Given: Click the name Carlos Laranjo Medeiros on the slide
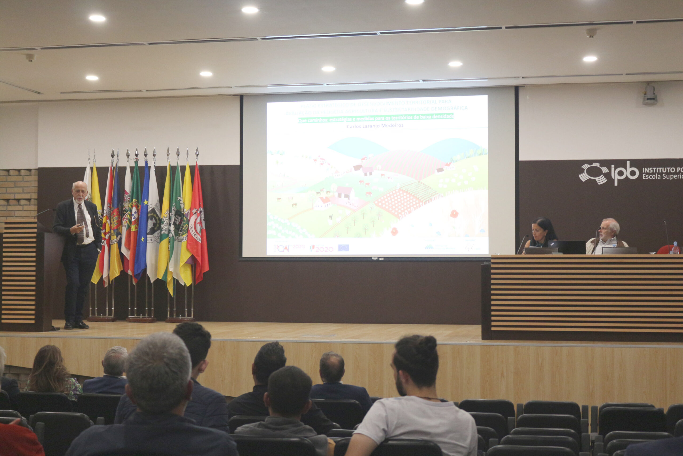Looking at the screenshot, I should coord(375,126).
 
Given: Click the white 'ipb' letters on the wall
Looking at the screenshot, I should coord(625,174).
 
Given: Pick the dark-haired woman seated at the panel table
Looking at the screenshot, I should coord(542,233).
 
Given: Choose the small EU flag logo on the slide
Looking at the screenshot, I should coord(343,248).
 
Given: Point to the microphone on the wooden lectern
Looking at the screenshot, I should coord(45,212).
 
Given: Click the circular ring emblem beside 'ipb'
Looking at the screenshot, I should coord(594,173).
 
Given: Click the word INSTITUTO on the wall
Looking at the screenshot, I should coord(662,170).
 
